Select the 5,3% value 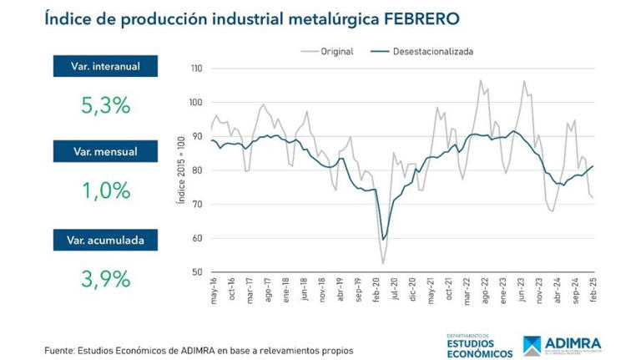(x=104, y=105)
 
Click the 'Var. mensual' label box (x=104, y=152)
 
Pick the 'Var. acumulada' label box (x=104, y=241)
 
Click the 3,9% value (x=104, y=278)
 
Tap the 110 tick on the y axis (x=196, y=68)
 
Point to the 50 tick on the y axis (x=198, y=272)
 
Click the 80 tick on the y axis (x=198, y=170)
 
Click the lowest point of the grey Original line (x=383, y=264)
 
